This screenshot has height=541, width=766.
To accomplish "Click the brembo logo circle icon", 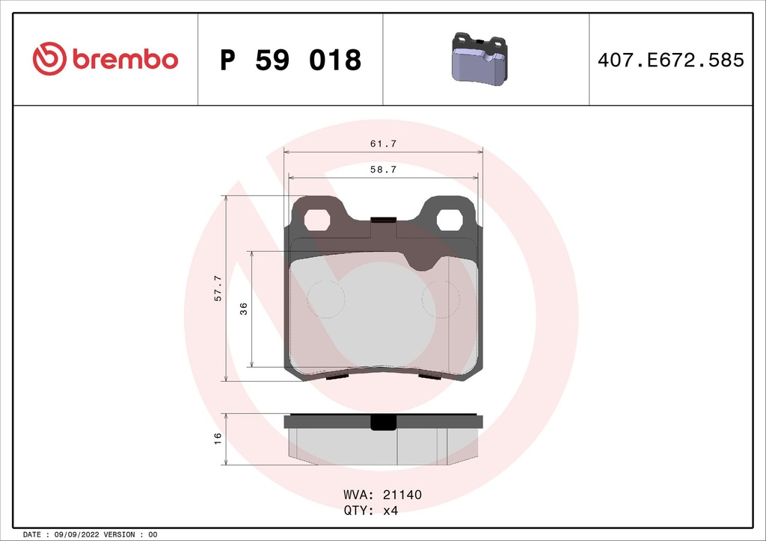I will pyautogui.click(x=50, y=59).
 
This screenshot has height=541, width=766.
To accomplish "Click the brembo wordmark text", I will pyautogui.click(x=125, y=60).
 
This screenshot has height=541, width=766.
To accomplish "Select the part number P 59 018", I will pyautogui.click(x=290, y=60).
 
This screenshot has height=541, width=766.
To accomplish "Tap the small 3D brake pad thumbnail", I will pyautogui.click(x=479, y=59).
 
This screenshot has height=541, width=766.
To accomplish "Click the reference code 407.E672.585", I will pyautogui.click(x=670, y=60).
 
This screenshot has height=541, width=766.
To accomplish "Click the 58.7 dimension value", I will pyautogui.click(x=383, y=170).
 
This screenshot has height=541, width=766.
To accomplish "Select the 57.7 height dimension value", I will pyautogui.click(x=218, y=288).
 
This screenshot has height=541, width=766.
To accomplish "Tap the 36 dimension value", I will pyautogui.click(x=244, y=309).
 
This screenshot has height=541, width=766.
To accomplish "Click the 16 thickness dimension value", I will pyautogui.click(x=218, y=438).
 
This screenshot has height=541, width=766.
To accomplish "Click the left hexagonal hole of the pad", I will pyautogui.click(x=318, y=220).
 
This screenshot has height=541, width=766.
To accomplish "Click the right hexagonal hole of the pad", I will pyautogui.click(x=449, y=220).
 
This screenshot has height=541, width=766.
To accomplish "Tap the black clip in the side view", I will pyautogui.click(x=384, y=423).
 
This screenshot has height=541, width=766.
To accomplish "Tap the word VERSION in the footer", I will pyautogui.click(x=120, y=535).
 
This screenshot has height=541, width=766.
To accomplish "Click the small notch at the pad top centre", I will pyautogui.click(x=383, y=220).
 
